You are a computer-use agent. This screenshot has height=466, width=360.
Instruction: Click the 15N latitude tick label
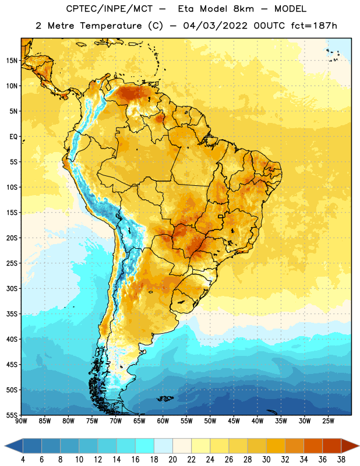[x=12, y=61]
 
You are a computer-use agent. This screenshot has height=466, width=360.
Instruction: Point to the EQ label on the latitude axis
[x=13, y=137]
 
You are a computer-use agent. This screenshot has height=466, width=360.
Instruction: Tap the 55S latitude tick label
[x=12, y=415]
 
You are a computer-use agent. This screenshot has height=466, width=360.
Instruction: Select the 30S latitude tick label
[x=12, y=288]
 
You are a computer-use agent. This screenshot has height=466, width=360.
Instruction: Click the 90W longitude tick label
[x=21, y=421]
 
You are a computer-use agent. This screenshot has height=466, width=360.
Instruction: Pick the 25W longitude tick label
[x=328, y=421]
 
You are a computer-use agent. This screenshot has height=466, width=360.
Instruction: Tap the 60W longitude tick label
[x=163, y=421]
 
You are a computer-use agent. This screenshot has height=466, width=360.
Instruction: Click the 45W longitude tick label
[x=234, y=421]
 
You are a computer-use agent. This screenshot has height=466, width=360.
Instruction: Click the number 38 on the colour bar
[x=341, y=460]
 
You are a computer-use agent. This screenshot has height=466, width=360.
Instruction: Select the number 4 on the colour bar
[x=23, y=460]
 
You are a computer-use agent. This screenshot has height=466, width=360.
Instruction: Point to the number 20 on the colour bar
[x=172, y=460]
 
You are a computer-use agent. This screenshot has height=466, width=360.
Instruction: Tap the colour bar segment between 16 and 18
[x=145, y=446]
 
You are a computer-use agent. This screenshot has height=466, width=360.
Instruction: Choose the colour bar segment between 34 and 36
[x=313, y=446]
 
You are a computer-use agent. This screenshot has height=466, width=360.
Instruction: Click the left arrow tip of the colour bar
[x=5, y=446]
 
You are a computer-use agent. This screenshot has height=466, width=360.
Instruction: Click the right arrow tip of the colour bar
[x=359, y=446]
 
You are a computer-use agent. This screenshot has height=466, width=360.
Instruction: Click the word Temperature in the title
[x=111, y=26]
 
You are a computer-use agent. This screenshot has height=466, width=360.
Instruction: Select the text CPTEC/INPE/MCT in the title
[x=109, y=9]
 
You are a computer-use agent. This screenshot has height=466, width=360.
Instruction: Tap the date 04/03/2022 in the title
[x=215, y=26]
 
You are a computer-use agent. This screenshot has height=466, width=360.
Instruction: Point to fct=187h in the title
[x=314, y=26]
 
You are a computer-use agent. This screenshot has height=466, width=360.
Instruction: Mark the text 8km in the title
[x=243, y=9]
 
